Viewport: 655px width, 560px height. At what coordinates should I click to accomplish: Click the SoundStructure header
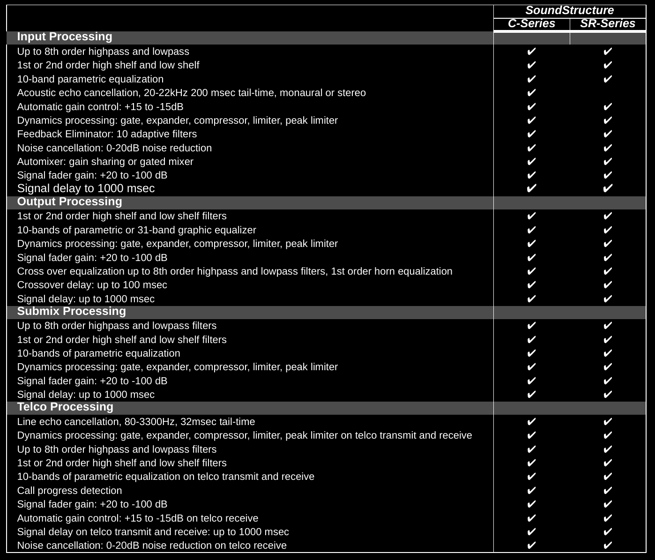click(x=569, y=11)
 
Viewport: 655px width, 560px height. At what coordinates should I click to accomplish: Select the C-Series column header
click(x=531, y=24)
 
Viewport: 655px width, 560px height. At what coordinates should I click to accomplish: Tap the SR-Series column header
click(x=607, y=24)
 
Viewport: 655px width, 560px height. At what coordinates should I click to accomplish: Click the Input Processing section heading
click(x=65, y=37)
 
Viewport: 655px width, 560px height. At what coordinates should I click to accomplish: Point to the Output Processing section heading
click(x=69, y=202)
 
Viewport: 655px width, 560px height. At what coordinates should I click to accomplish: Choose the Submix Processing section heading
click(x=71, y=312)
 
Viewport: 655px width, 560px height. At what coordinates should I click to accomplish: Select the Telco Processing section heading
click(x=65, y=407)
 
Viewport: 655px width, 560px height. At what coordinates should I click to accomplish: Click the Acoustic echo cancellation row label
click(x=191, y=93)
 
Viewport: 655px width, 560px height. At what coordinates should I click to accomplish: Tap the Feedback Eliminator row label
click(x=107, y=134)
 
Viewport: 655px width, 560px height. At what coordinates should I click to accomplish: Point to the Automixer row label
click(x=105, y=162)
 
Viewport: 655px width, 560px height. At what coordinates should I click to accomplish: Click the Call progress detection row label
click(x=69, y=491)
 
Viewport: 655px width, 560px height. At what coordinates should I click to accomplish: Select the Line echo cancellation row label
click(x=136, y=422)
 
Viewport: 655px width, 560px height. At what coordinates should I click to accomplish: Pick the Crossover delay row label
click(x=92, y=285)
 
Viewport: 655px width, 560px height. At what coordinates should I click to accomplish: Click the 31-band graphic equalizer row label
click(x=136, y=230)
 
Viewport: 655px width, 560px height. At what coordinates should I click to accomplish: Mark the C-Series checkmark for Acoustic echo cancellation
click(x=531, y=93)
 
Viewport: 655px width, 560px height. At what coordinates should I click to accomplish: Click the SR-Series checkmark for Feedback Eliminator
click(x=607, y=134)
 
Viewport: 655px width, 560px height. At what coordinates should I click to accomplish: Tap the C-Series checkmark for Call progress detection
click(x=531, y=491)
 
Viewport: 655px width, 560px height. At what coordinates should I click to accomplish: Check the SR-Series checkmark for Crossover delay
click(x=607, y=285)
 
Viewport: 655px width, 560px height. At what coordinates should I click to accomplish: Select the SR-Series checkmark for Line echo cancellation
click(x=607, y=422)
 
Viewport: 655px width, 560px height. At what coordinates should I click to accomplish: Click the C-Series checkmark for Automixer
click(x=531, y=162)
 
